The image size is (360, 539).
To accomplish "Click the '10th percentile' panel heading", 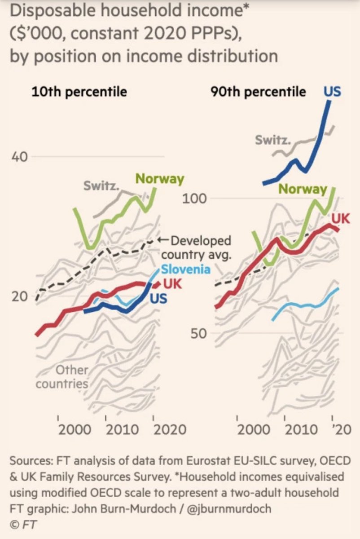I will coord(79,92).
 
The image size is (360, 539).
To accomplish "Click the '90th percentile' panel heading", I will coord(258,92).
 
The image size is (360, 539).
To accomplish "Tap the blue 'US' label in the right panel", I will coord(332,92).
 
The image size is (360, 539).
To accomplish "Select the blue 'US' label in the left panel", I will coord(158,298).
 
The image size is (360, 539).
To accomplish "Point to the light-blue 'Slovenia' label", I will coord(185,269).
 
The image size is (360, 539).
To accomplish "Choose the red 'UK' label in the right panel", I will coord(341,218).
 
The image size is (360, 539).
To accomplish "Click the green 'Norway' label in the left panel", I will coord(160,179).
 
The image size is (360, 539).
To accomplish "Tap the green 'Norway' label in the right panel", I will coord(303,189).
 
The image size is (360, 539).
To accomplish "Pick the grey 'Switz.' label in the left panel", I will coord(100,185).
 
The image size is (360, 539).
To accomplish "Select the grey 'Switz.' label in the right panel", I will coord(272,140).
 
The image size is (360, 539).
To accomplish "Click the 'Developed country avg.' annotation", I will coord(196,248).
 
